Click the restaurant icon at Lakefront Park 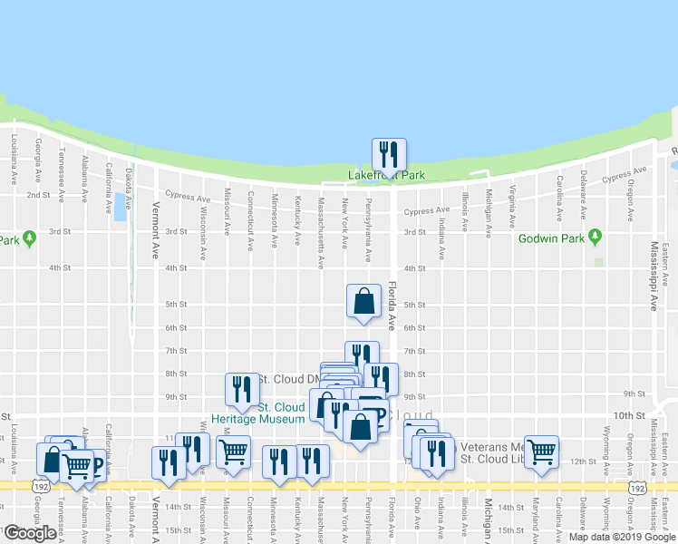(x=389, y=153)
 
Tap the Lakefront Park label (x=387, y=176)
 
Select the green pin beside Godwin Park (x=596, y=238)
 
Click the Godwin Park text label (x=551, y=240)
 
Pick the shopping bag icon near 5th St (x=363, y=301)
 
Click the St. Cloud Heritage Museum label (x=258, y=413)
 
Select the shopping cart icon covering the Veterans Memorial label (x=542, y=450)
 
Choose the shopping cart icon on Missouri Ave (x=233, y=450)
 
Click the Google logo (x=29, y=533)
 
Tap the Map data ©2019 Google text (x=622, y=536)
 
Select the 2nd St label (x=38, y=195)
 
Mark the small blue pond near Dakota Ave (x=121, y=206)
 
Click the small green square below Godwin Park (x=598, y=263)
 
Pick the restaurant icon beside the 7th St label (x=362, y=355)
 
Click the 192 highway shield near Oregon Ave (x=638, y=488)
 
